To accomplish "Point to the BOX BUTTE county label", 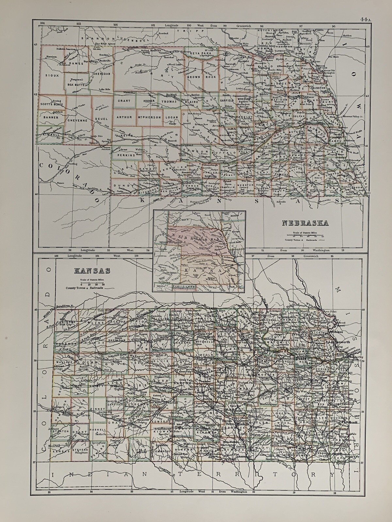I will [x=76, y=84].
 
